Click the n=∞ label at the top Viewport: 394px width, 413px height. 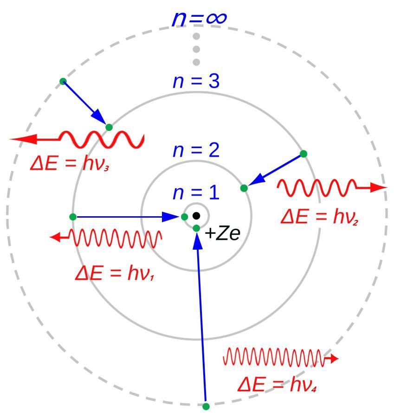click(199, 19)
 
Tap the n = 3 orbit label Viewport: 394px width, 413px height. click(196, 81)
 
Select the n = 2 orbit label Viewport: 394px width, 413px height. click(196, 151)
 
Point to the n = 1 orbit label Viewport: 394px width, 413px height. click(196, 193)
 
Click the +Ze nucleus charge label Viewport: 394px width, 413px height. click(222, 233)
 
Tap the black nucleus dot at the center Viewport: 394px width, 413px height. click(196, 216)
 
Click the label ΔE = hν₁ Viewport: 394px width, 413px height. click(115, 274)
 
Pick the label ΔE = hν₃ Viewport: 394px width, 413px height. click(70, 164)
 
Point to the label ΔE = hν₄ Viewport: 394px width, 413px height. click(278, 385)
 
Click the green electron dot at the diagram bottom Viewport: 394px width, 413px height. click(207, 406)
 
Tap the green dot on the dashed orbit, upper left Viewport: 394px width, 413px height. click(63, 81)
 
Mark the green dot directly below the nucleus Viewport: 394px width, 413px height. click(196, 228)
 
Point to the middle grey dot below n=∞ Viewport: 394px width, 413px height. click(196, 49)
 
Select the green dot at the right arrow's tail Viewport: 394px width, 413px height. click(304, 154)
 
